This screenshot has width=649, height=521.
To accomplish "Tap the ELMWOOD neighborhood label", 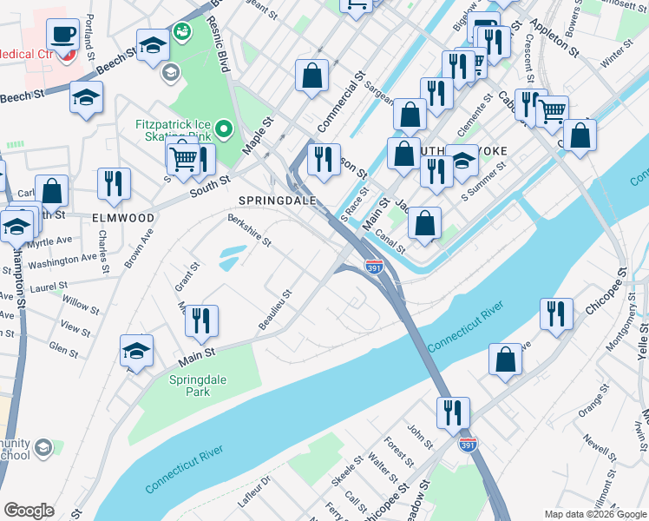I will tap(123, 218).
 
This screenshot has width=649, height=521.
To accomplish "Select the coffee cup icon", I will tap(62, 36).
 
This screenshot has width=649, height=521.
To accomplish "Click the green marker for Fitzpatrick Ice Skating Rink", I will tap(224, 131).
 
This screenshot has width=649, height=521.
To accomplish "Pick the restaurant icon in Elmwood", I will tap(114, 183).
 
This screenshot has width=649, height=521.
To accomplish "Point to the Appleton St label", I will tap(554, 40).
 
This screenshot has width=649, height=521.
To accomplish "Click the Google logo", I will tap(29, 510).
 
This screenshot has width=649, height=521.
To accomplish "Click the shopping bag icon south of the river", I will tap(505, 359).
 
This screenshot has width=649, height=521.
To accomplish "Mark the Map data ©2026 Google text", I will tap(594, 514).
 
